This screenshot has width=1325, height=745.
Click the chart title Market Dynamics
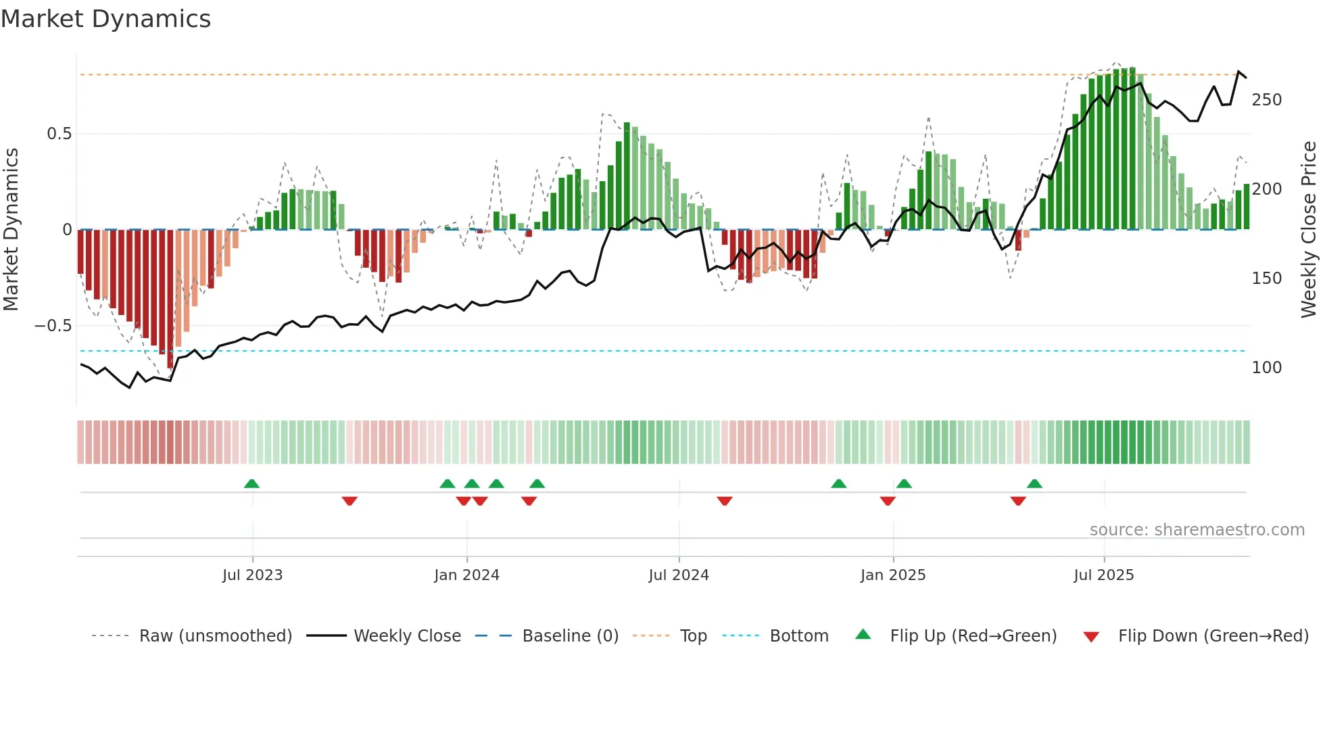[105, 19]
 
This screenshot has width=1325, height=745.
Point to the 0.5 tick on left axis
[59, 134]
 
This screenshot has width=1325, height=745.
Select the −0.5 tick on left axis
[53, 326]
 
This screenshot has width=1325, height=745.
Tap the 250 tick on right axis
[1266, 100]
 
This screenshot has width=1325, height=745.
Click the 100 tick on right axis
[1266, 368]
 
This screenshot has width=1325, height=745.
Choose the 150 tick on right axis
[1266, 279]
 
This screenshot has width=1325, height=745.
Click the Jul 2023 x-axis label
[252, 575]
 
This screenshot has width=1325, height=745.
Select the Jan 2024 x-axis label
[466, 575]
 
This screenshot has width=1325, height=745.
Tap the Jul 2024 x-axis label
[679, 575]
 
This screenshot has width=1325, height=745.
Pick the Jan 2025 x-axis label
[893, 575]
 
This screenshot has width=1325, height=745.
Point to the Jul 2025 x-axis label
[1104, 575]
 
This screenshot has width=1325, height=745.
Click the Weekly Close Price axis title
[1309, 230]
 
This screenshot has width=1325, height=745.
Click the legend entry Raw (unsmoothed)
[215, 636]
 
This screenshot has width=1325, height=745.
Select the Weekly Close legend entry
[407, 636]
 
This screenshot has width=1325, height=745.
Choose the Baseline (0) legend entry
[570, 636]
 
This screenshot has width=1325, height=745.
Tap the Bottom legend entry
[798, 636]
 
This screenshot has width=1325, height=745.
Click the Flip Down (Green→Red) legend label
[1213, 636]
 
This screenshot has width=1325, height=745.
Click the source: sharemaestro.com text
[1197, 530]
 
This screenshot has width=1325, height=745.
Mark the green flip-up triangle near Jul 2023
[251, 484]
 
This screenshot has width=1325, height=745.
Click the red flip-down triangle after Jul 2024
[725, 501]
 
